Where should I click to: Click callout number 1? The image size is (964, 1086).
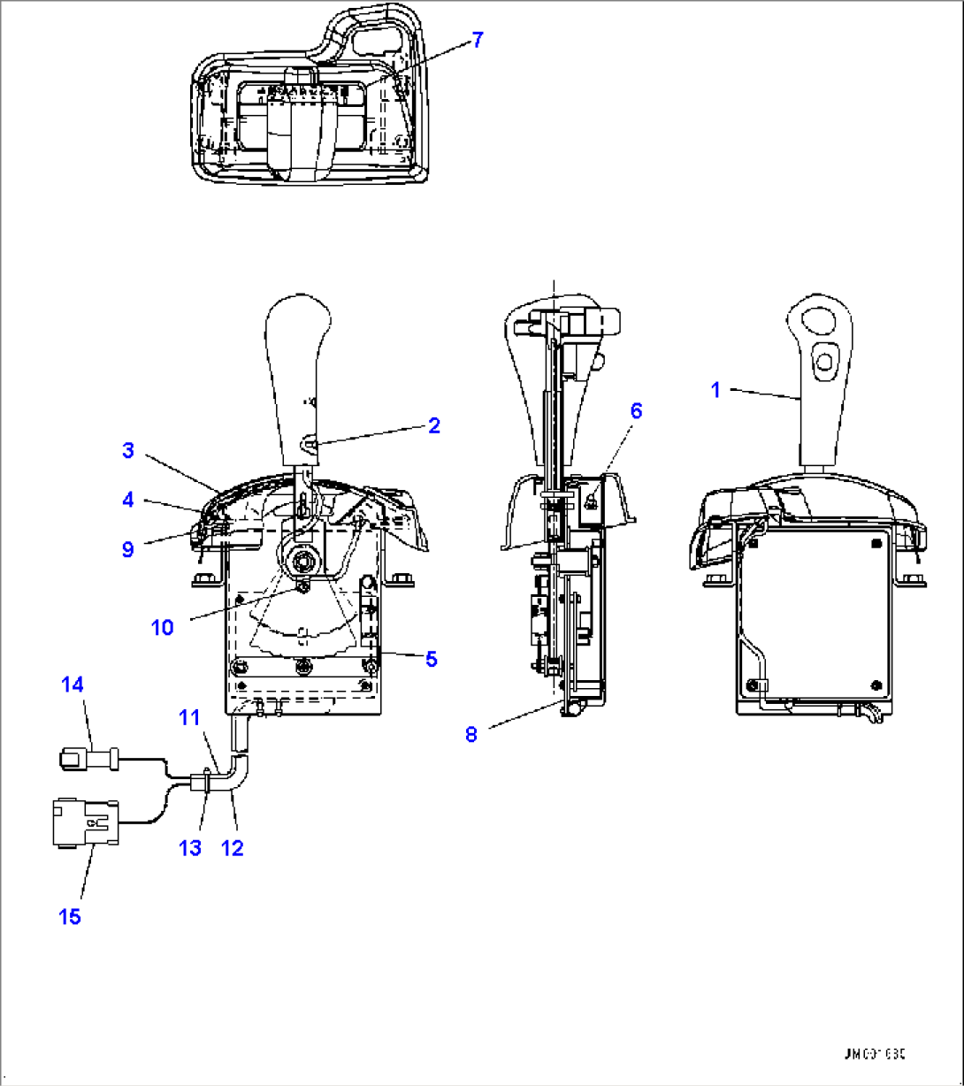coord(716,389)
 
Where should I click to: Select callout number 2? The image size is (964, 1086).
coord(433,425)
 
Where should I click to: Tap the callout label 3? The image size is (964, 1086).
coord(128,451)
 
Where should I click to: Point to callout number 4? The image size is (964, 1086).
coord(128,501)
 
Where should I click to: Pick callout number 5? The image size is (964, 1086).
coord(431,659)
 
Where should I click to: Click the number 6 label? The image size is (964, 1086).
coord(636,410)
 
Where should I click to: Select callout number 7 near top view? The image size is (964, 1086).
coord(478,40)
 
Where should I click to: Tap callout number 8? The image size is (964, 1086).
coord(471,735)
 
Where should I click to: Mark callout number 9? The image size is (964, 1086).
coord(128,549)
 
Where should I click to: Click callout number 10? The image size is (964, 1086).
coord(162,627)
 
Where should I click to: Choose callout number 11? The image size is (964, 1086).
coord(190,717)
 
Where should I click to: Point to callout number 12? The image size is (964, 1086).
coord(232,848)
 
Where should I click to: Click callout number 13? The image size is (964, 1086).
coord(189,848)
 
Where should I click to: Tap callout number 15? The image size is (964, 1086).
coord(70,917)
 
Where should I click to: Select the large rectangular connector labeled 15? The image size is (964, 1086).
coord(82,822)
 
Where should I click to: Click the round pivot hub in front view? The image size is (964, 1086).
coord(303,559)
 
